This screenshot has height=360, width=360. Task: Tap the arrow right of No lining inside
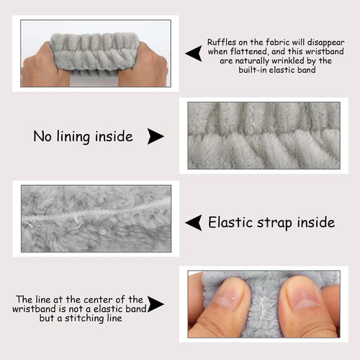[155, 136]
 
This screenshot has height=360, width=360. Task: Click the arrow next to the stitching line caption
[155, 304]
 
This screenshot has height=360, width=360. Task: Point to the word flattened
[248, 51]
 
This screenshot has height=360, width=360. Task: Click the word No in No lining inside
[42, 136]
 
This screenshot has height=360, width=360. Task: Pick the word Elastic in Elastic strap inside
[230, 222]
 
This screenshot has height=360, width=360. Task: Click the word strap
[275, 223]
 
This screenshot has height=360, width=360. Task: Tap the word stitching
[84, 318]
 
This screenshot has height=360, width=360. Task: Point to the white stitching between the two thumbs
[263, 310]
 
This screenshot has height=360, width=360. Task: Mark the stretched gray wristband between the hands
[95, 53]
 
